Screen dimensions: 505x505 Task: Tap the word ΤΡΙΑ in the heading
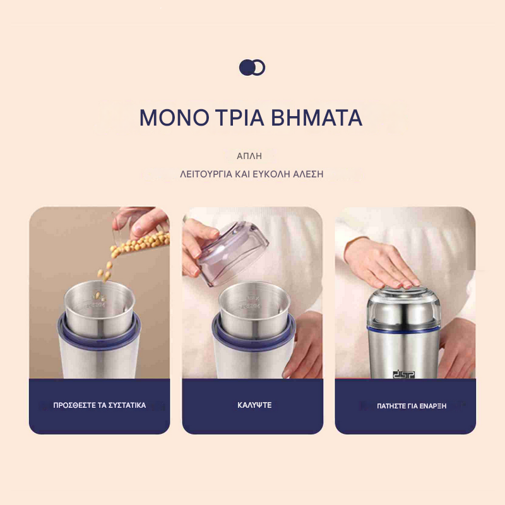tap(240, 117)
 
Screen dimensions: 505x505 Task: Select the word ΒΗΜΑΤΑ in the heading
tap(317, 117)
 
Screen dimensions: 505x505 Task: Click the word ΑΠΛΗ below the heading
tap(249, 156)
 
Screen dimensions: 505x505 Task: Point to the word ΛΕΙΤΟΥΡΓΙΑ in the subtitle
tap(206, 174)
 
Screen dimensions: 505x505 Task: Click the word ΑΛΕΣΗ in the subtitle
tap(308, 174)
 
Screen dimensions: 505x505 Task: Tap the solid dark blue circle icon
tap(247, 68)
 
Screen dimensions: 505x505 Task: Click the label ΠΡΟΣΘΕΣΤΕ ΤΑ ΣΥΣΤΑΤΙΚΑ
tap(100, 405)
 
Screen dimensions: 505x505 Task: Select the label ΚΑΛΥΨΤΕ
tap(254, 405)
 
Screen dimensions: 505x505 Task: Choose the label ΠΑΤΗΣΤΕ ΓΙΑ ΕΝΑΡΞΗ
tap(412, 406)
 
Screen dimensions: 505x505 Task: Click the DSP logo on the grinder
tap(404, 374)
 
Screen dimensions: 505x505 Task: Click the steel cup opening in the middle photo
tap(254, 295)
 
